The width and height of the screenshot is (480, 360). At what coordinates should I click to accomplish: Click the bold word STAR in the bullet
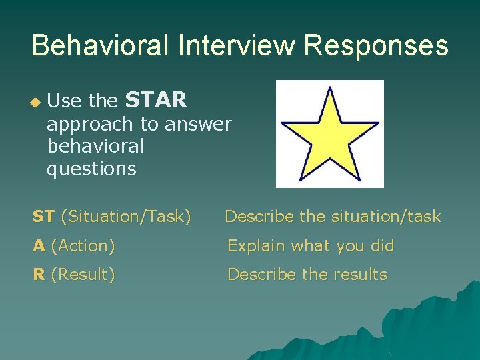coord(156,101)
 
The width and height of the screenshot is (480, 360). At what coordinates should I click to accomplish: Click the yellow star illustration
coord(330,134)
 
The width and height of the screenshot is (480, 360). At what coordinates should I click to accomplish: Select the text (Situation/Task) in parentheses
coord(126,217)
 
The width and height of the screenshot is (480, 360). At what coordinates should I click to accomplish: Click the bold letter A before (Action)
coord(39,246)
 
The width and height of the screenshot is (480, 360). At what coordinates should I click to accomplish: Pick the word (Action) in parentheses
coord(83,246)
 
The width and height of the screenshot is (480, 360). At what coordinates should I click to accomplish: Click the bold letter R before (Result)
coord(39,275)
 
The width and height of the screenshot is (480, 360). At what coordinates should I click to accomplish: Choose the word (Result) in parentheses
coord(83,275)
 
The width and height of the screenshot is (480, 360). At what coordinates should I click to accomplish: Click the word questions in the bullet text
coord(91,169)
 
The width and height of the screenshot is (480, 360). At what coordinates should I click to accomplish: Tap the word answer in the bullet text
coord(199,125)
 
